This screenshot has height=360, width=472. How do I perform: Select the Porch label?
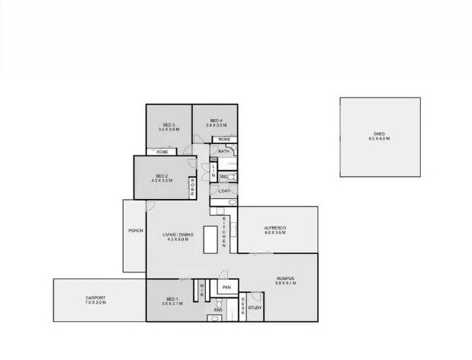(136, 230)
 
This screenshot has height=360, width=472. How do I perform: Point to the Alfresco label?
(275, 230)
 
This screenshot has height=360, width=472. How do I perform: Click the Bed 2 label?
(162, 178)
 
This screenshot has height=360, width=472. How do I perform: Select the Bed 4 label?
(216, 123)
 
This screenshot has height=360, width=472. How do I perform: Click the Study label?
(255, 307)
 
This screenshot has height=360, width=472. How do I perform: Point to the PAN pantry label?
(226, 288)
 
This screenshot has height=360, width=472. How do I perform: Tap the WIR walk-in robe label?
(201, 289)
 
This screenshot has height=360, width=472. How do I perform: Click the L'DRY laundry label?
(224, 191)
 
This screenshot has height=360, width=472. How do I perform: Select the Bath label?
(223, 152)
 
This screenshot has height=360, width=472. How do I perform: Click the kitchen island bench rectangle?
(210, 239)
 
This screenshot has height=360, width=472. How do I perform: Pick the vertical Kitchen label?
(224, 233)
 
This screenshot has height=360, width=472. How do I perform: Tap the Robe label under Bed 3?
(162, 153)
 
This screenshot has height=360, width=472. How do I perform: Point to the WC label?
(223, 177)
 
